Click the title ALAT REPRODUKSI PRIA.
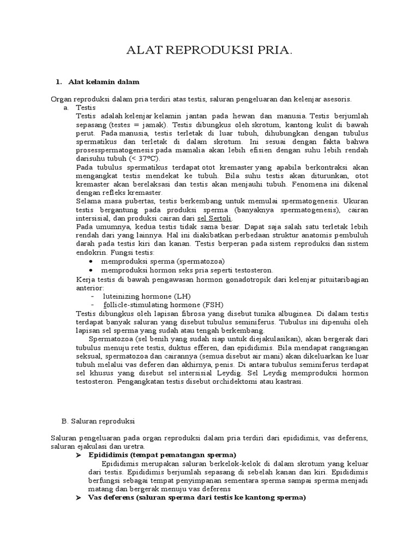[x=209, y=51]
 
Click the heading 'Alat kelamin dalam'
[x=104, y=82]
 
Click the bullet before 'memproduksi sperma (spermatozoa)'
[x=91, y=262]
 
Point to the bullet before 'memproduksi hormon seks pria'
[x=91, y=270]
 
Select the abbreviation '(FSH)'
[x=213, y=305]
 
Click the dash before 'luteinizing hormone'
[x=93, y=296]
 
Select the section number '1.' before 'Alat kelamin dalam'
[x=59, y=82]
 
